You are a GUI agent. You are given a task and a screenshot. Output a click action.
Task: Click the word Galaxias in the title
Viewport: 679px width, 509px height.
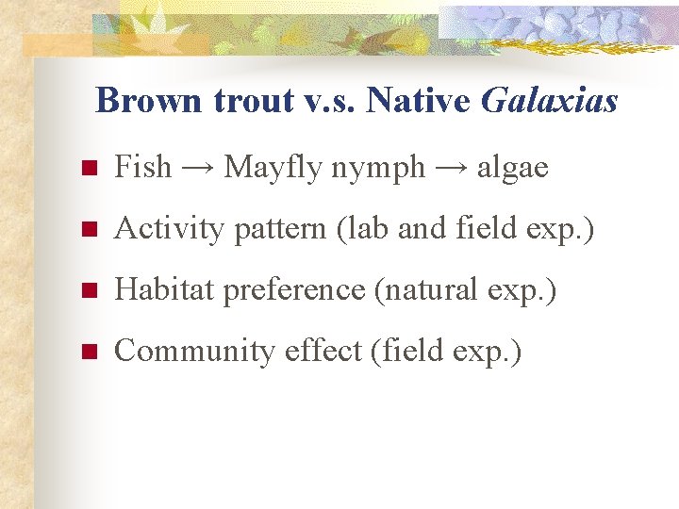549,100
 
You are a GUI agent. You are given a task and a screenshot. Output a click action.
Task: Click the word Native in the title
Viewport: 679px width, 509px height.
418,100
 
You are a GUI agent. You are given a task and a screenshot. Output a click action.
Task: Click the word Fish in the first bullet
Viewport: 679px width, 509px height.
142,168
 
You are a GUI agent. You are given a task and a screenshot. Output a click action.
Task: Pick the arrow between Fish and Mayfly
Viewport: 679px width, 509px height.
198,169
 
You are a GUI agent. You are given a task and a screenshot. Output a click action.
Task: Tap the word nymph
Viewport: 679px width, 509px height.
377,169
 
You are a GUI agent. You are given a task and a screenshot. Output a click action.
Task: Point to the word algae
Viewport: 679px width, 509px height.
512,169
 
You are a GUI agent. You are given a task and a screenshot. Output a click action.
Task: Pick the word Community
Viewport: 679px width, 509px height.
179,351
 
